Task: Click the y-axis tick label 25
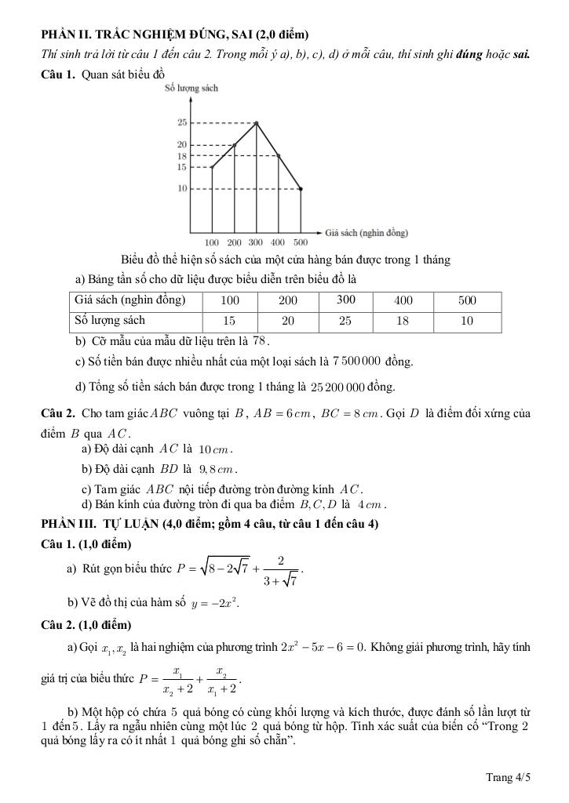181,123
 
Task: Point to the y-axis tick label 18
181,156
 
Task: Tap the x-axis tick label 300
256,242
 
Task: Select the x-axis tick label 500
301,242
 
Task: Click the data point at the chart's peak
257,123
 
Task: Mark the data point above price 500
301,189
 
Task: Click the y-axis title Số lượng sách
191,89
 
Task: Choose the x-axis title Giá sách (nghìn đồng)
367,233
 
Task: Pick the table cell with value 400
403,300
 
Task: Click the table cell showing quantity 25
345,321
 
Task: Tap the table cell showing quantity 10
467,321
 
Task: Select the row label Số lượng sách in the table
110,321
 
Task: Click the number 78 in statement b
261,341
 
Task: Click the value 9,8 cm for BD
217,471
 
